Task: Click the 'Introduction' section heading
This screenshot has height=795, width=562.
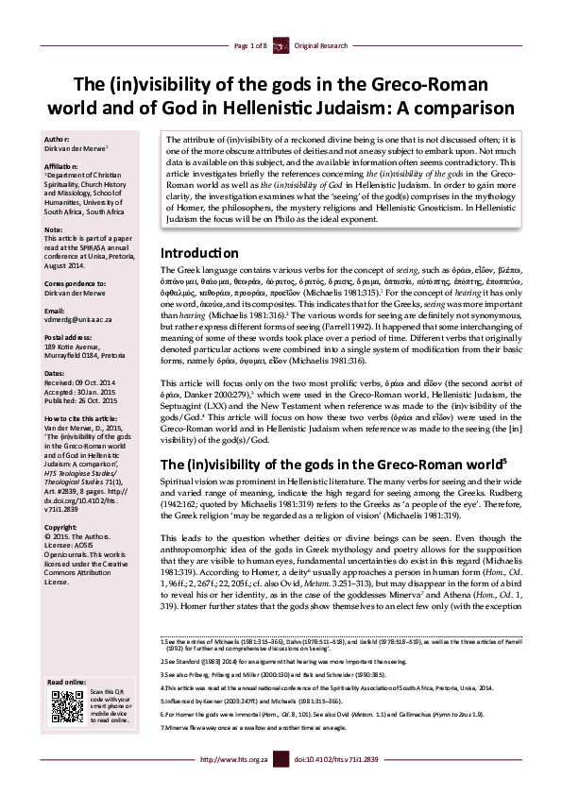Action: click(198, 253)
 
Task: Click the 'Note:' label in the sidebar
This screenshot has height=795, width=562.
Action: click(55, 229)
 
